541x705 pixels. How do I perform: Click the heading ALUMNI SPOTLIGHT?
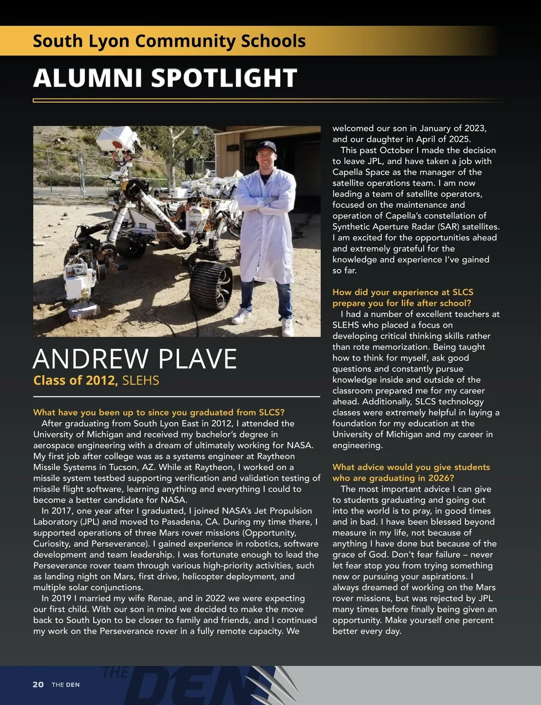[165, 78]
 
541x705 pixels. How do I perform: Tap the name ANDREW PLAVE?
[135, 359]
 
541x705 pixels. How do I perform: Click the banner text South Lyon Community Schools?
[169, 41]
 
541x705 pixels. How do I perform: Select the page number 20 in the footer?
[38, 684]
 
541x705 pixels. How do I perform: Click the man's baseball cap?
[266, 145]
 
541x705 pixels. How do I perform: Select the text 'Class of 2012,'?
[76, 380]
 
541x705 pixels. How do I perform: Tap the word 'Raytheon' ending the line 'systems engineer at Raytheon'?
[276, 456]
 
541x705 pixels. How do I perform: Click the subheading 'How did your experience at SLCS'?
[403, 292]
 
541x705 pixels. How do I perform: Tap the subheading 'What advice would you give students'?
[411, 467]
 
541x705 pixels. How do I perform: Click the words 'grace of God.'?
[361, 554]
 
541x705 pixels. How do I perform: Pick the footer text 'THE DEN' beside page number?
[65, 685]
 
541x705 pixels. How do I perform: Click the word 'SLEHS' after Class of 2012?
[141, 380]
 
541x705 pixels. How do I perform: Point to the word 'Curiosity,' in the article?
[51, 544]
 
